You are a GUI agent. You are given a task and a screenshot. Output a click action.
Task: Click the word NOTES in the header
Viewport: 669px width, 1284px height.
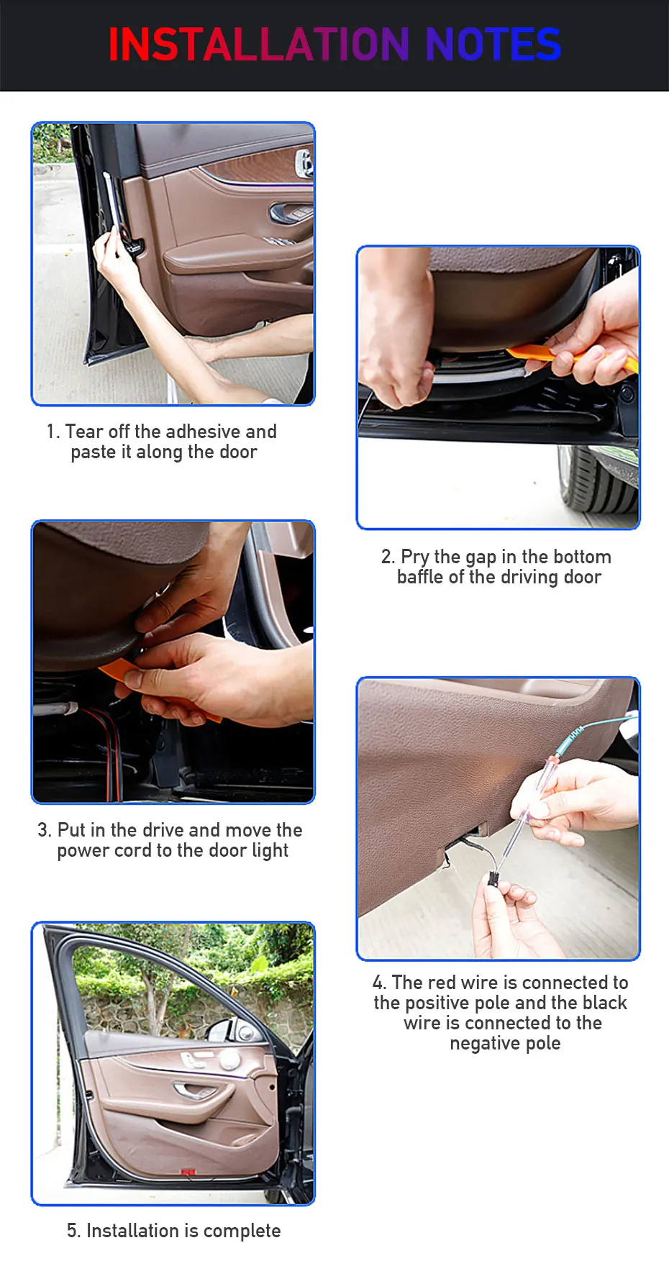coord(493,45)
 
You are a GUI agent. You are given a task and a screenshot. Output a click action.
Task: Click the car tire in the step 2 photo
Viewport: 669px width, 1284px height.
coord(598,478)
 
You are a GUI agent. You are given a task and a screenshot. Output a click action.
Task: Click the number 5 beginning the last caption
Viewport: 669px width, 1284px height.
coord(72,1231)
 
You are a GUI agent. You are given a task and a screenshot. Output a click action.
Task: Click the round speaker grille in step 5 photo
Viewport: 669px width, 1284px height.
coord(229,1060)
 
